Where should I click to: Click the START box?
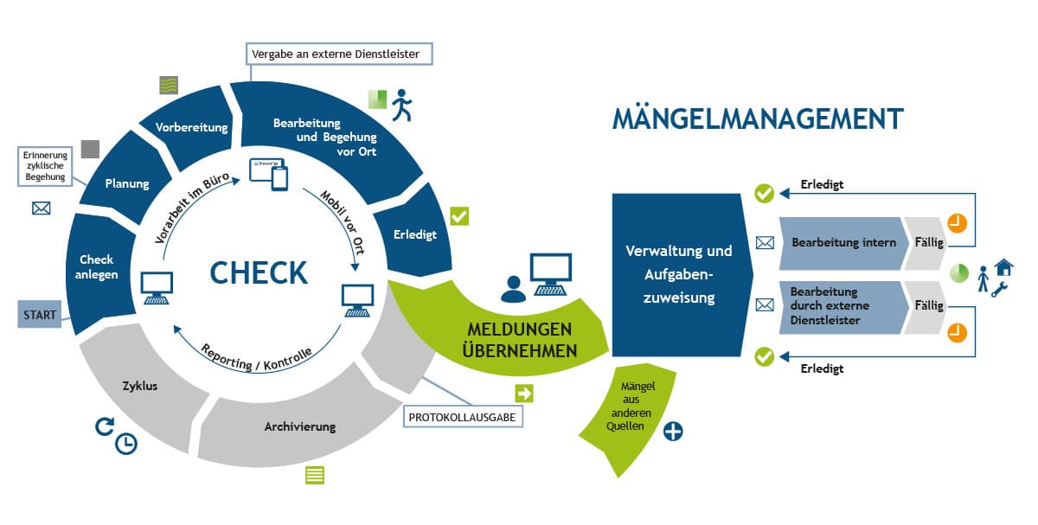[40, 315]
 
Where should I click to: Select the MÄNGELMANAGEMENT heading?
[758, 119]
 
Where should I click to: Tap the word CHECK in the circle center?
[258, 272]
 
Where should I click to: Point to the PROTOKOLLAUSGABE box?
[464, 417]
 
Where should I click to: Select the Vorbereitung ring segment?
[191, 128]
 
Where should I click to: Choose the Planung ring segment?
[127, 183]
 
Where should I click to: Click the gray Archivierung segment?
[299, 426]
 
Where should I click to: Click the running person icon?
[401, 106]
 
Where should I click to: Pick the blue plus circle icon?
[673, 431]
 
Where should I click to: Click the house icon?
[1003, 266]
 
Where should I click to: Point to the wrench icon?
[1000, 290]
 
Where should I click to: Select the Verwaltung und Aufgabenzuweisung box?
[677, 273]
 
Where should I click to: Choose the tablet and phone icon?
[268, 174]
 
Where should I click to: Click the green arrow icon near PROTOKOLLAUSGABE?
[524, 394]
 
